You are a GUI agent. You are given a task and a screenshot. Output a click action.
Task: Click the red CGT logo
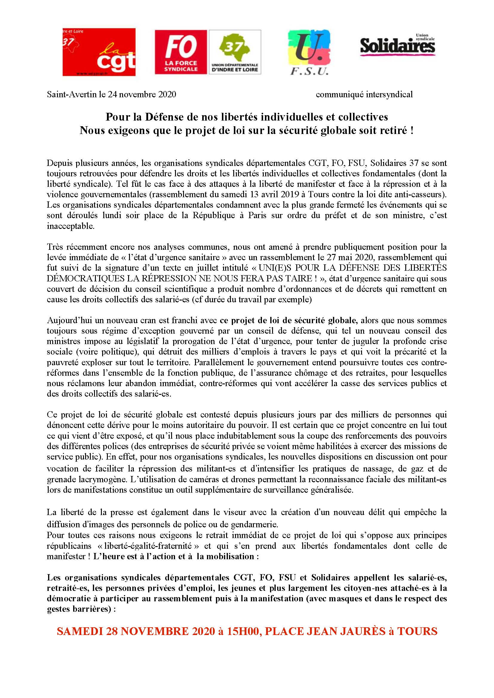[x=99, y=52]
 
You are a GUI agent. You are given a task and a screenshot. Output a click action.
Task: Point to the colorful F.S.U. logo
[x=309, y=52]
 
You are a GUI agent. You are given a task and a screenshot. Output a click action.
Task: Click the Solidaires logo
[x=398, y=46]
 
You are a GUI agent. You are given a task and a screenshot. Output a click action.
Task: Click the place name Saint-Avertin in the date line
[x=71, y=95]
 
